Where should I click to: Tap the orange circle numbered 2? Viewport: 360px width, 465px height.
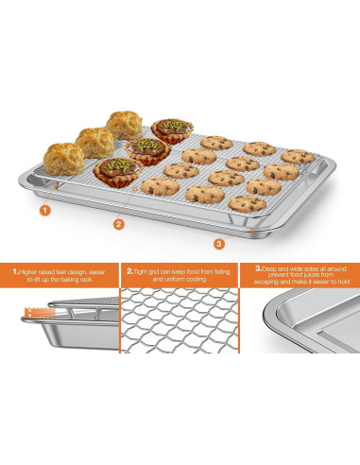point(118,224)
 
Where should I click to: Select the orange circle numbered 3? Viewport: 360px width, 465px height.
point(219,244)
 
